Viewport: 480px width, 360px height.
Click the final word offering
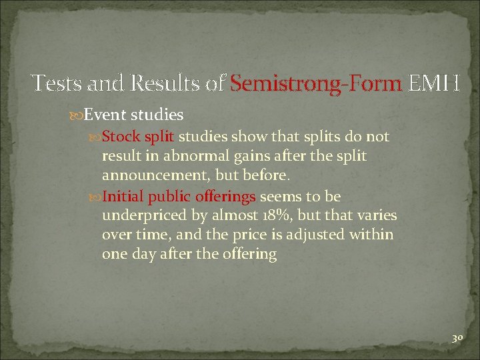pyautogui.click(x=250, y=254)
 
